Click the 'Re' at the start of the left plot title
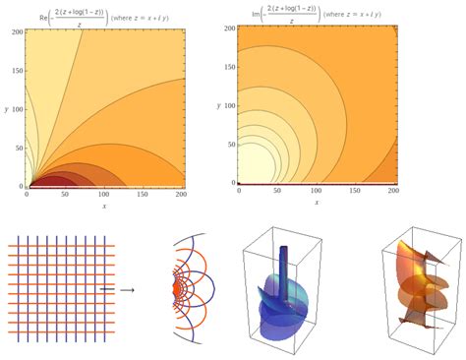(x=36, y=17)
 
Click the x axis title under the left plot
(x=106, y=207)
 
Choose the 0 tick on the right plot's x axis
(x=239, y=193)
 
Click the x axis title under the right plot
(x=319, y=205)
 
